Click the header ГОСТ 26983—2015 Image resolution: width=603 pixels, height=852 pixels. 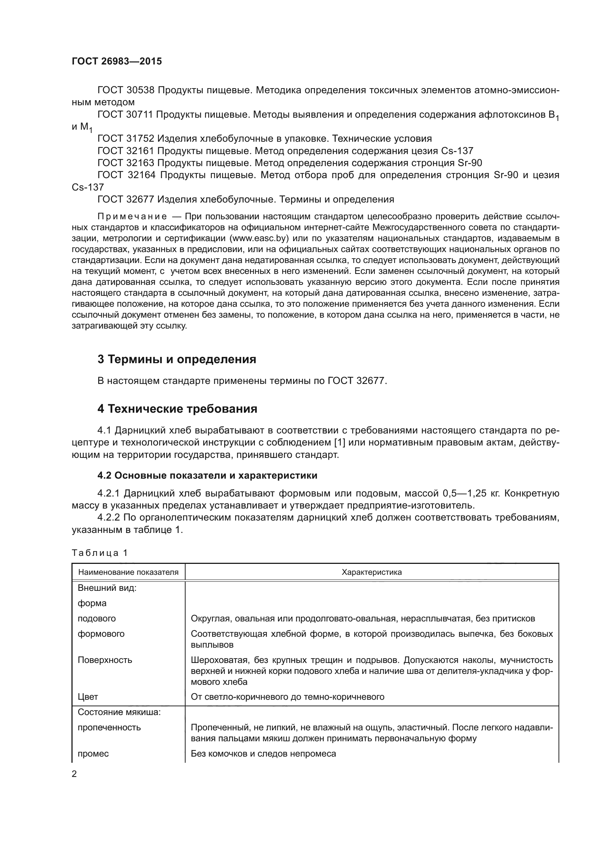[x=117, y=62]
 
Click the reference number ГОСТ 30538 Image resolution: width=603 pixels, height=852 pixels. [x=125, y=90]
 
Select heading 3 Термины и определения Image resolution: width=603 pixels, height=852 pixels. [x=177, y=359]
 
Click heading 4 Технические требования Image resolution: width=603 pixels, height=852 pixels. [x=177, y=409]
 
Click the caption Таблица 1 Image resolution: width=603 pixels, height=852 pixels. [x=100, y=553]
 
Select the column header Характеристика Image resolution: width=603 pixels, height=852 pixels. [x=371, y=572]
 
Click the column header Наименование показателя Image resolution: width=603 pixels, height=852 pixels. [x=128, y=572]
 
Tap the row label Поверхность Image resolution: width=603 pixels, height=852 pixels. [x=105, y=660]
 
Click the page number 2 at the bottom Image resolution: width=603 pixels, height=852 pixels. [x=74, y=774]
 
